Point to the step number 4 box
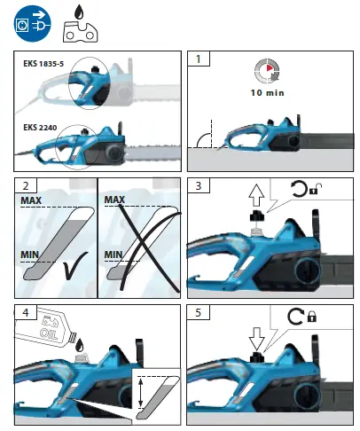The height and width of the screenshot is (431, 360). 29,313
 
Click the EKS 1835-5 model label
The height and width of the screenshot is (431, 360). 49,64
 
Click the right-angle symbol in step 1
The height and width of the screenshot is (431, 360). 206,138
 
